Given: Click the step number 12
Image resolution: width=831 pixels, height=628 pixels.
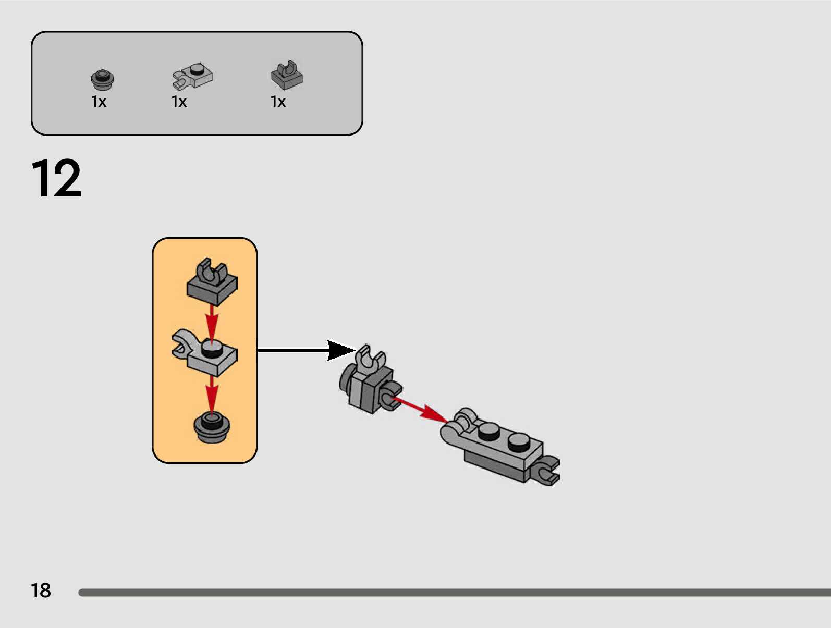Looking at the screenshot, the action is tap(56, 178).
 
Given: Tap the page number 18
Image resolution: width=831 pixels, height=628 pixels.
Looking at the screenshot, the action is tap(41, 590).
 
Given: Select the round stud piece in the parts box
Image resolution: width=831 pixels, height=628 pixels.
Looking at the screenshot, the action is tap(102, 79).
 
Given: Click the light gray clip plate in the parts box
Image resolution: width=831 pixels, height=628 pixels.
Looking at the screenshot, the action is tap(193, 76).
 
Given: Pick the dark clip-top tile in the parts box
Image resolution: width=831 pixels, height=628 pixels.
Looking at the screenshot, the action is tap(287, 75).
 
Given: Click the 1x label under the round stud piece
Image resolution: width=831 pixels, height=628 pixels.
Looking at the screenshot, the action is tap(99, 102).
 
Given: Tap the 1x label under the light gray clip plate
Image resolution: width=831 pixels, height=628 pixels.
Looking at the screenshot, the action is tap(179, 102).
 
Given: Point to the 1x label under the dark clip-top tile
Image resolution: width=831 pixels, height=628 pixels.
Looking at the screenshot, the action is tap(278, 102).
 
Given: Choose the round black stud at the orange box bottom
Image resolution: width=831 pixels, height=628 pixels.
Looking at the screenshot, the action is tap(212, 427).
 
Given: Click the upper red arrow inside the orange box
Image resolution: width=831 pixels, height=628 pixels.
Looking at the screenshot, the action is tap(211, 322).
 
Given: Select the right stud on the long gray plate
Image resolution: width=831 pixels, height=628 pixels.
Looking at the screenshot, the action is tap(518, 442).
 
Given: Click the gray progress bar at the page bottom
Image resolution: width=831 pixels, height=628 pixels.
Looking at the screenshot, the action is tap(454, 593).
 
